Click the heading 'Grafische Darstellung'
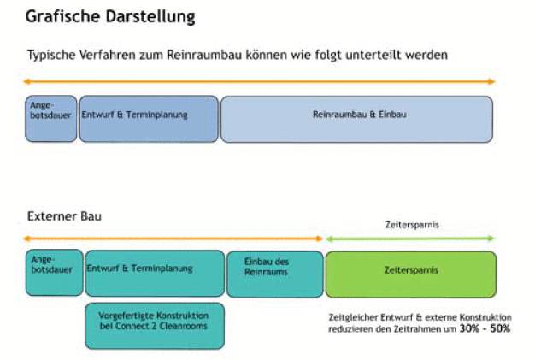pos(110,17)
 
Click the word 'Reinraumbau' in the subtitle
pos(204,55)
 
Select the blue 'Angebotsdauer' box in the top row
pos(50,119)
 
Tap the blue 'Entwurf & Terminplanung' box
pos(149,119)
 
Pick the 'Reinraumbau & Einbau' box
pos(356,119)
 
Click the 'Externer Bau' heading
pos(64,216)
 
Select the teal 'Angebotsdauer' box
pos(54,272)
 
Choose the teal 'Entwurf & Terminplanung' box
pos(155,273)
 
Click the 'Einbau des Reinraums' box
pos(274,274)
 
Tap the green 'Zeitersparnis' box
pos(411,274)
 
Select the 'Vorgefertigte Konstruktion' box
pos(155,326)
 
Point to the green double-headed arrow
pos(410,239)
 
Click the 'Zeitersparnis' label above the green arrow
pos(412,225)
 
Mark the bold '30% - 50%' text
pos(485,328)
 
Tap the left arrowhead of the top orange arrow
pos(26,81)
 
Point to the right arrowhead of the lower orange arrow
pos(320,239)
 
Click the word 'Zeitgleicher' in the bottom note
pos(353,318)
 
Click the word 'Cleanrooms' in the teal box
pos(183,326)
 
